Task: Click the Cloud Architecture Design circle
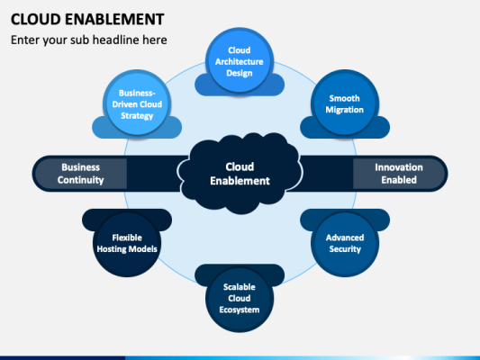pos(240,61)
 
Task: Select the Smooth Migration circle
pos(345,103)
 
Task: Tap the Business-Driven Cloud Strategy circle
pos(136,104)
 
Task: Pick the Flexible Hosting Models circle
pos(128,242)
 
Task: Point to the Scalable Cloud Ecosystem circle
pos(240,298)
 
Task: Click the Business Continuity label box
pos(81,174)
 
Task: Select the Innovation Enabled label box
pos(397,174)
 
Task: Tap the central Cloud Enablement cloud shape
pos(240,174)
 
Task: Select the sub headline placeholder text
pos(88,40)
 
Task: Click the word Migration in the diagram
pos(345,110)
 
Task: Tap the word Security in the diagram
pos(345,249)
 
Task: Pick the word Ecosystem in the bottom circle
pos(240,310)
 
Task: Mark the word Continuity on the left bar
pos(81,180)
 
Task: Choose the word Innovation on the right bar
pos(397,167)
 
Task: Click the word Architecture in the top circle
pos(240,61)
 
